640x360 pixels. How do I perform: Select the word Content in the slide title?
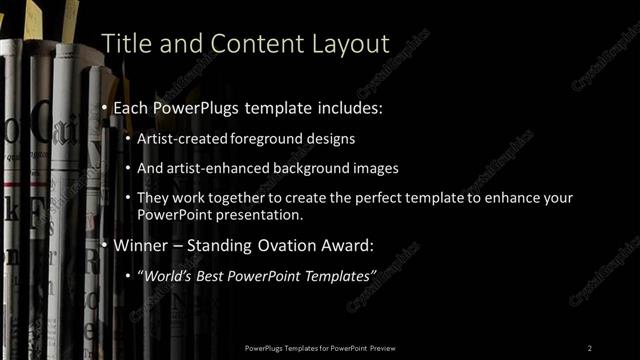(x=239, y=43)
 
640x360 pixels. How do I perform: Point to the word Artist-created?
(x=181, y=139)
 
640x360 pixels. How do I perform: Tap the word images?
(x=368, y=168)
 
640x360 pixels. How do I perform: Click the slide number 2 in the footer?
(x=590, y=348)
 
